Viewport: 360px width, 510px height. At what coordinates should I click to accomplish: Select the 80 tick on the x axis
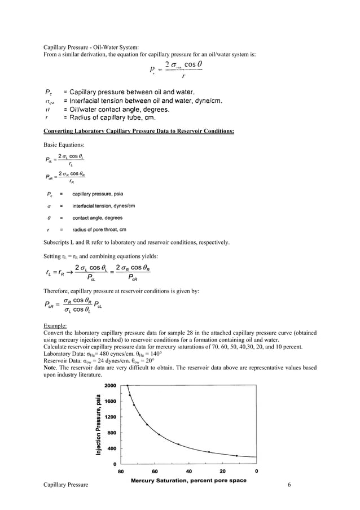click(x=121, y=470)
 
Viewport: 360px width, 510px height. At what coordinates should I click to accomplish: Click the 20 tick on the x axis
click(x=223, y=470)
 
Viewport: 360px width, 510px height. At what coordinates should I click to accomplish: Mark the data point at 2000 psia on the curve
click(x=128, y=386)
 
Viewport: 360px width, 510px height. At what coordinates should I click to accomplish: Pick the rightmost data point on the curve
click(x=236, y=456)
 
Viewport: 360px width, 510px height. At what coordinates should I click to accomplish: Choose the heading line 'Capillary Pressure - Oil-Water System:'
click(x=91, y=47)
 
